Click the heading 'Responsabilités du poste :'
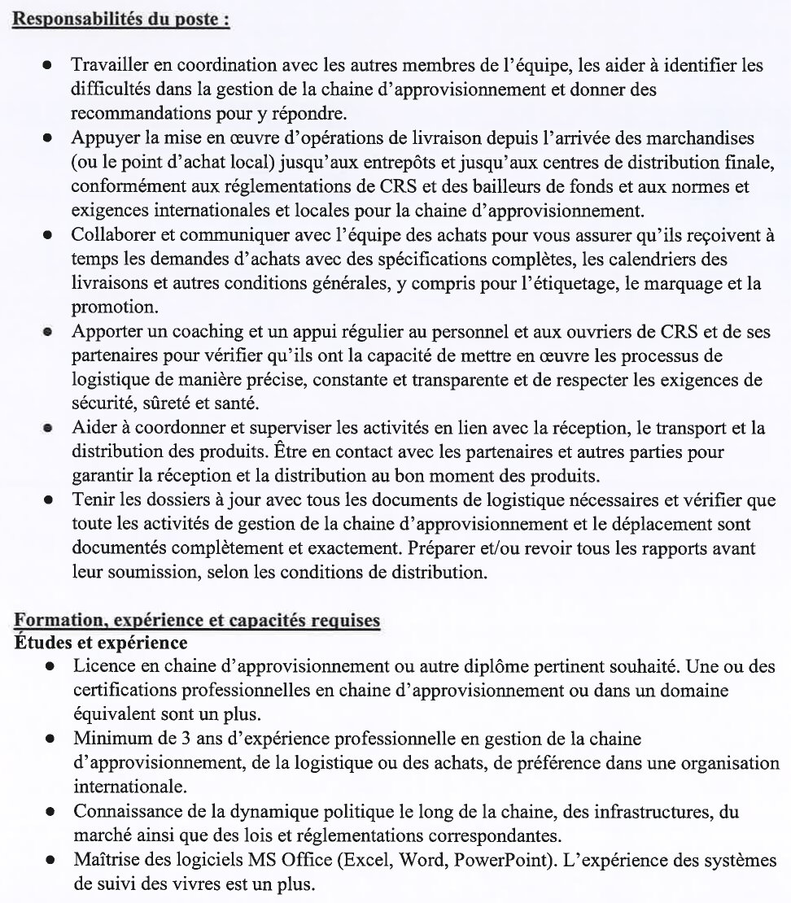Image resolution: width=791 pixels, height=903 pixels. (120, 18)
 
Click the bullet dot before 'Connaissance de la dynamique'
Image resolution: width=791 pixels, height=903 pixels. (50, 812)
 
